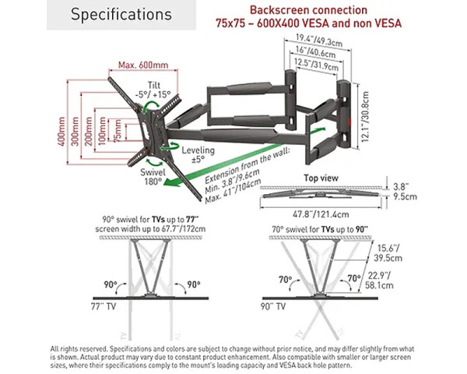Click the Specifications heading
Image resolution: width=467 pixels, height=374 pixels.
[121, 15]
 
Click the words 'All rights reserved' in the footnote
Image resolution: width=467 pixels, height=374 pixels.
[79, 348]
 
